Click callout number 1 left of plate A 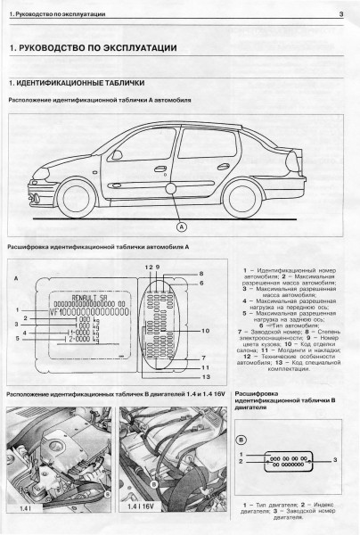[17, 309]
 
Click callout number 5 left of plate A [17, 339]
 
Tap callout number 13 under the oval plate [204, 378]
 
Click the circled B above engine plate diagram [241, 440]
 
